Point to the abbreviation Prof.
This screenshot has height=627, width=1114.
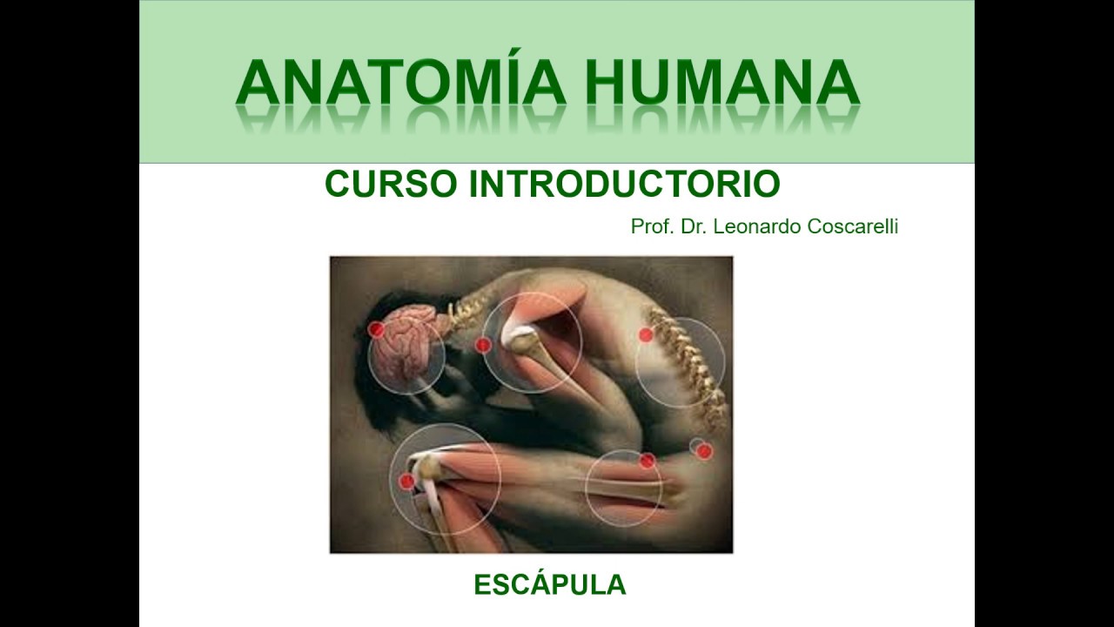pyautogui.click(x=649, y=226)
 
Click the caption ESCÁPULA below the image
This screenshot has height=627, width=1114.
pyautogui.click(x=549, y=585)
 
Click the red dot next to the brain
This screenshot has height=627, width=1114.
pyautogui.click(x=376, y=329)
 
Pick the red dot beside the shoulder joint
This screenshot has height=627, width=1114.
pyautogui.click(x=483, y=345)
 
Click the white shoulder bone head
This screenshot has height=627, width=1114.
pyautogui.click(x=523, y=339)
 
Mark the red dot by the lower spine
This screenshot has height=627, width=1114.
pyautogui.click(x=646, y=334)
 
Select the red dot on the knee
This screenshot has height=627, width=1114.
pyautogui.click(x=406, y=481)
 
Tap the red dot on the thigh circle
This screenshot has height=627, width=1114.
pyautogui.click(x=648, y=461)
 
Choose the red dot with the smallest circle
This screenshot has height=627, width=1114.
pyautogui.click(x=705, y=451)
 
